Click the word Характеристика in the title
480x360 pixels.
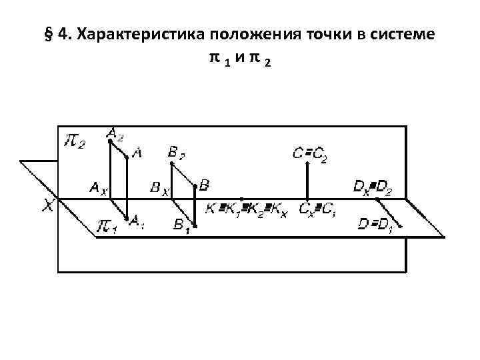coord(131,35)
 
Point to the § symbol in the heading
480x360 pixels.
coord(48,35)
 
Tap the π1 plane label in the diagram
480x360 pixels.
coord(106,227)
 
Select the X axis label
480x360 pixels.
coord(48,207)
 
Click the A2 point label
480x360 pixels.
coord(115,135)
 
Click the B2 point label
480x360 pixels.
coord(176,154)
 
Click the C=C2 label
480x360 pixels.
coord(309,155)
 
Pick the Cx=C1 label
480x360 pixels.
coord(319,209)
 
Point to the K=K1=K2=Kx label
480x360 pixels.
coord(245,209)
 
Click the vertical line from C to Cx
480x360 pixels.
coord(307,180)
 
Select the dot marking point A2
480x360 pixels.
coord(110,141)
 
